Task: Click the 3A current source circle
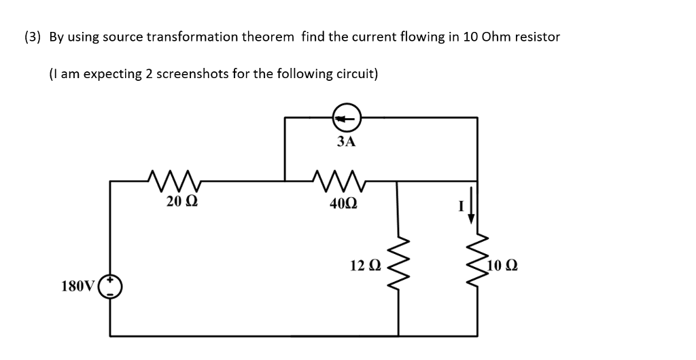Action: click(346, 119)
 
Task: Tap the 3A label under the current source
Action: click(346, 141)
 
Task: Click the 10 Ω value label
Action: click(503, 264)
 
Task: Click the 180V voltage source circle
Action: click(111, 286)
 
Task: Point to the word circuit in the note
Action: click(358, 73)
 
